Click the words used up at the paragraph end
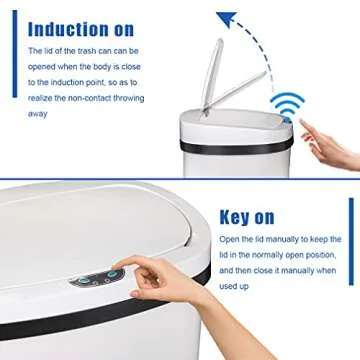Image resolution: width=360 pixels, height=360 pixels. (x=232, y=284)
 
